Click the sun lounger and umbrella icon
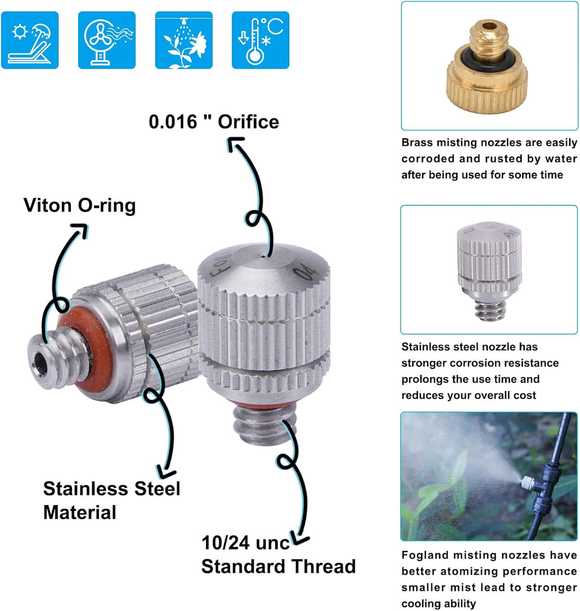click(x=29, y=40)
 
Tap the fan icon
click(x=106, y=40)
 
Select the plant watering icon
click(x=184, y=40)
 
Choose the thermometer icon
click(x=261, y=40)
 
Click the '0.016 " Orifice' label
click(x=214, y=122)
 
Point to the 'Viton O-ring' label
click(x=79, y=205)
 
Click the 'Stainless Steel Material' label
click(x=112, y=500)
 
